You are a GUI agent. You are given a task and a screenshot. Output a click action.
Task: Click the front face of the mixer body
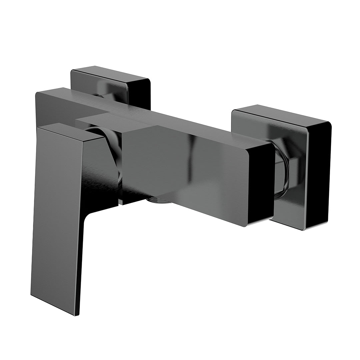(187, 173)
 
